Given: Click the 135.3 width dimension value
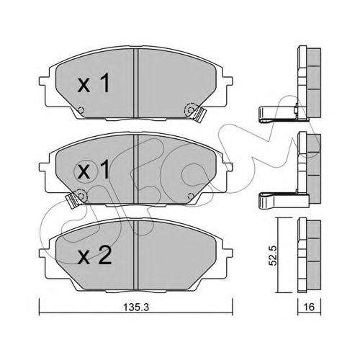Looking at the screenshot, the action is click(x=136, y=307).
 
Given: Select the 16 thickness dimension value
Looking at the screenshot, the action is click(x=309, y=307).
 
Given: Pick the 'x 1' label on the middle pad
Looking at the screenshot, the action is click(x=94, y=170).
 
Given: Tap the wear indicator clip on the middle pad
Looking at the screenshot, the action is click(x=73, y=199).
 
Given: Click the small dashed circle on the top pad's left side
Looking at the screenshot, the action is click(x=81, y=110).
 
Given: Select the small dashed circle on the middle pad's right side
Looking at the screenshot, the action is click(x=191, y=196).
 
